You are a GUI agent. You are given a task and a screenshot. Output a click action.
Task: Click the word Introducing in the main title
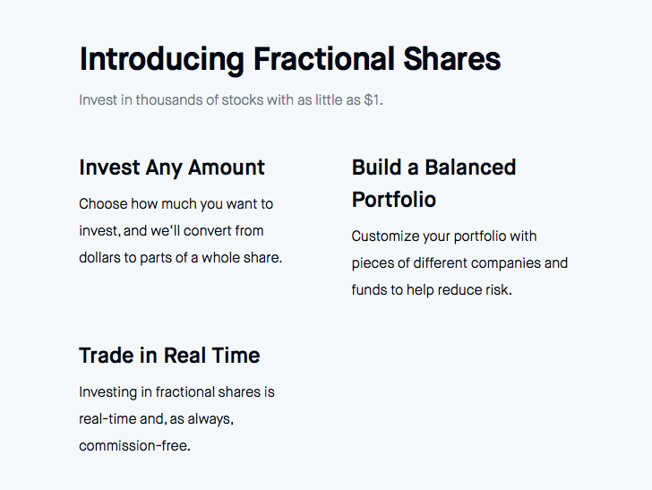coord(162,59)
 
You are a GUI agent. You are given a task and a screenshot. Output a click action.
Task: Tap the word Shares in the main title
coord(452,58)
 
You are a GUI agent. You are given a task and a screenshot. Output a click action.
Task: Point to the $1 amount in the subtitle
coord(373,99)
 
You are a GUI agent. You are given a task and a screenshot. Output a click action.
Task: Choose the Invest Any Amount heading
coord(172,168)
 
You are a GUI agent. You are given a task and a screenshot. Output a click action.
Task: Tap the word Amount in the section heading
coord(227,168)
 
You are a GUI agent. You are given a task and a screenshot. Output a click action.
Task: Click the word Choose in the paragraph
coord(103,204)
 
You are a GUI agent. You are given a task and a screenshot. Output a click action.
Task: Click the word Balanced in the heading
coord(470,168)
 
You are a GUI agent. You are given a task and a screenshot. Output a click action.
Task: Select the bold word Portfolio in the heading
coord(394,199)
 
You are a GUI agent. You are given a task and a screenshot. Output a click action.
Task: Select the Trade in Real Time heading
coord(169,356)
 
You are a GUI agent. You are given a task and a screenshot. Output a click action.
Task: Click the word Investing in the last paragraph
coord(107,392)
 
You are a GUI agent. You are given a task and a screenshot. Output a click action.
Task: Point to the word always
coord(210,419)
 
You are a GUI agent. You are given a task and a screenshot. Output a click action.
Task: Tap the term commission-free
coord(134,445)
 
